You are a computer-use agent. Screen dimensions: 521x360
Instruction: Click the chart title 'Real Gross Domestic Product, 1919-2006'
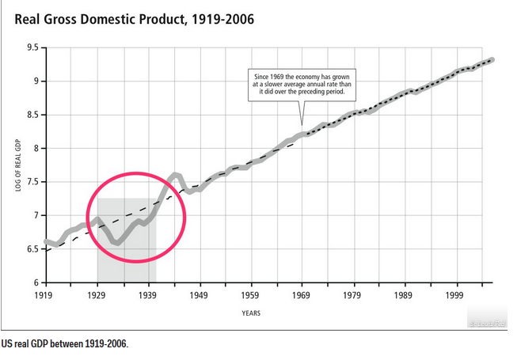click(x=135, y=19)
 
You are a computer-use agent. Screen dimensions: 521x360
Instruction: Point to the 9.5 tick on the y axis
click(x=32, y=47)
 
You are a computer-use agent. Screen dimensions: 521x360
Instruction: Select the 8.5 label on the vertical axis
click(x=32, y=115)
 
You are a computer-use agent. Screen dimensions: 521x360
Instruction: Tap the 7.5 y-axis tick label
click(x=32, y=182)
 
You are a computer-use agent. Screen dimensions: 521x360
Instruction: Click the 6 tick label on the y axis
click(x=36, y=282)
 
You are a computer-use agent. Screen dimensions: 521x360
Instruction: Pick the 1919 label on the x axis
click(x=44, y=295)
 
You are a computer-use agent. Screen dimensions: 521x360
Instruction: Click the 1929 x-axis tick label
click(x=97, y=295)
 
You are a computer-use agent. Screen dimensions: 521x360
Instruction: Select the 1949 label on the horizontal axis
click(x=199, y=295)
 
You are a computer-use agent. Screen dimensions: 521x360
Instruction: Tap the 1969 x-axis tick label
click(x=301, y=295)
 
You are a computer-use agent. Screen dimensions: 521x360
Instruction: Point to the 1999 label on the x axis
click(x=454, y=295)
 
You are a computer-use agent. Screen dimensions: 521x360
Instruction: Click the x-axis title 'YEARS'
click(x=251, y=313)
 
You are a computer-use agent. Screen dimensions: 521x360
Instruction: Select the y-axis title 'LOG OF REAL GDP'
click(x=18, y=165)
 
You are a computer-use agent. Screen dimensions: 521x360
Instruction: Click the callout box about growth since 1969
click(x=302, y=85)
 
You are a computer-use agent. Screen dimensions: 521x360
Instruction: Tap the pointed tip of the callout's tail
click(x=302, y=125)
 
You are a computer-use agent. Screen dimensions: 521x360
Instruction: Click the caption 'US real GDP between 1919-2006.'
click(x=65, y=343)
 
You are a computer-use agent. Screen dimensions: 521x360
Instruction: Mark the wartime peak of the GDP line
click(x=175, y=174)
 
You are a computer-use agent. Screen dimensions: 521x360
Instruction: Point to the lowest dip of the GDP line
click(x=118, y=244)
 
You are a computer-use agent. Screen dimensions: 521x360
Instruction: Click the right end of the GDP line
click(x=492, y=60)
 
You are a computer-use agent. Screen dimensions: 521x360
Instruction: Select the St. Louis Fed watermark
click(x=488, y=324)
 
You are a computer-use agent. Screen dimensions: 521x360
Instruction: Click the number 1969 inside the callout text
click(x=277, y=77)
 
